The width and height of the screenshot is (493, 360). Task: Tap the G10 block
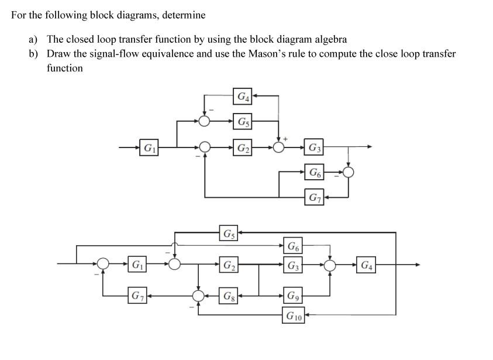point(294,317)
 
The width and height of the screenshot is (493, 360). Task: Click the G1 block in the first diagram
point(149,147)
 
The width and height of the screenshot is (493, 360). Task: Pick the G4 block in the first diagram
point(242,96)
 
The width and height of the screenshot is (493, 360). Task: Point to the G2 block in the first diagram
point(242,147)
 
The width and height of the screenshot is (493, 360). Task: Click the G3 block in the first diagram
point(315,147)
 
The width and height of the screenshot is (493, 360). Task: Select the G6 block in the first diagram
point(315,172)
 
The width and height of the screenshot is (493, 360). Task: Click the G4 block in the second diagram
point(367,265)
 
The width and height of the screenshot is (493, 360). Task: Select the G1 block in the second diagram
point(137,265)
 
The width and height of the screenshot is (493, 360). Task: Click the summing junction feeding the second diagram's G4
point(330,265)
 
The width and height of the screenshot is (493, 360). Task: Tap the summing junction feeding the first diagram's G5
point(204,121)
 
